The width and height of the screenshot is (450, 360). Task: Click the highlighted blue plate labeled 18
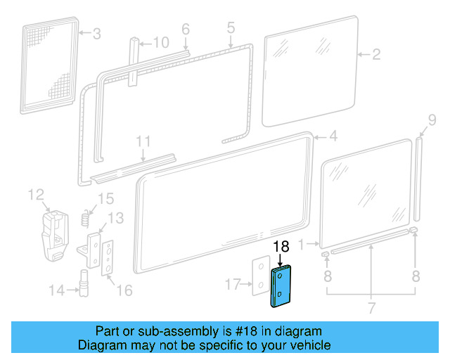tap(281, 287)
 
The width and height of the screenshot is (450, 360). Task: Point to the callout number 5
tap(230, 29)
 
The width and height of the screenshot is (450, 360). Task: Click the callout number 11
tap(143, 141)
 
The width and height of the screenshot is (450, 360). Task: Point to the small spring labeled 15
tap(86, 217)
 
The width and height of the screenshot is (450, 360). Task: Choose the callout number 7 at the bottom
tap(371, 308)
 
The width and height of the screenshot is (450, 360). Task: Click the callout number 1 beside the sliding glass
tap(303, 245)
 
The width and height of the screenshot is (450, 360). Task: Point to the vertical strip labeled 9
tap(419, 179)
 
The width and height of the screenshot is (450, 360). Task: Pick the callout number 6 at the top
tap(186, 29)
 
